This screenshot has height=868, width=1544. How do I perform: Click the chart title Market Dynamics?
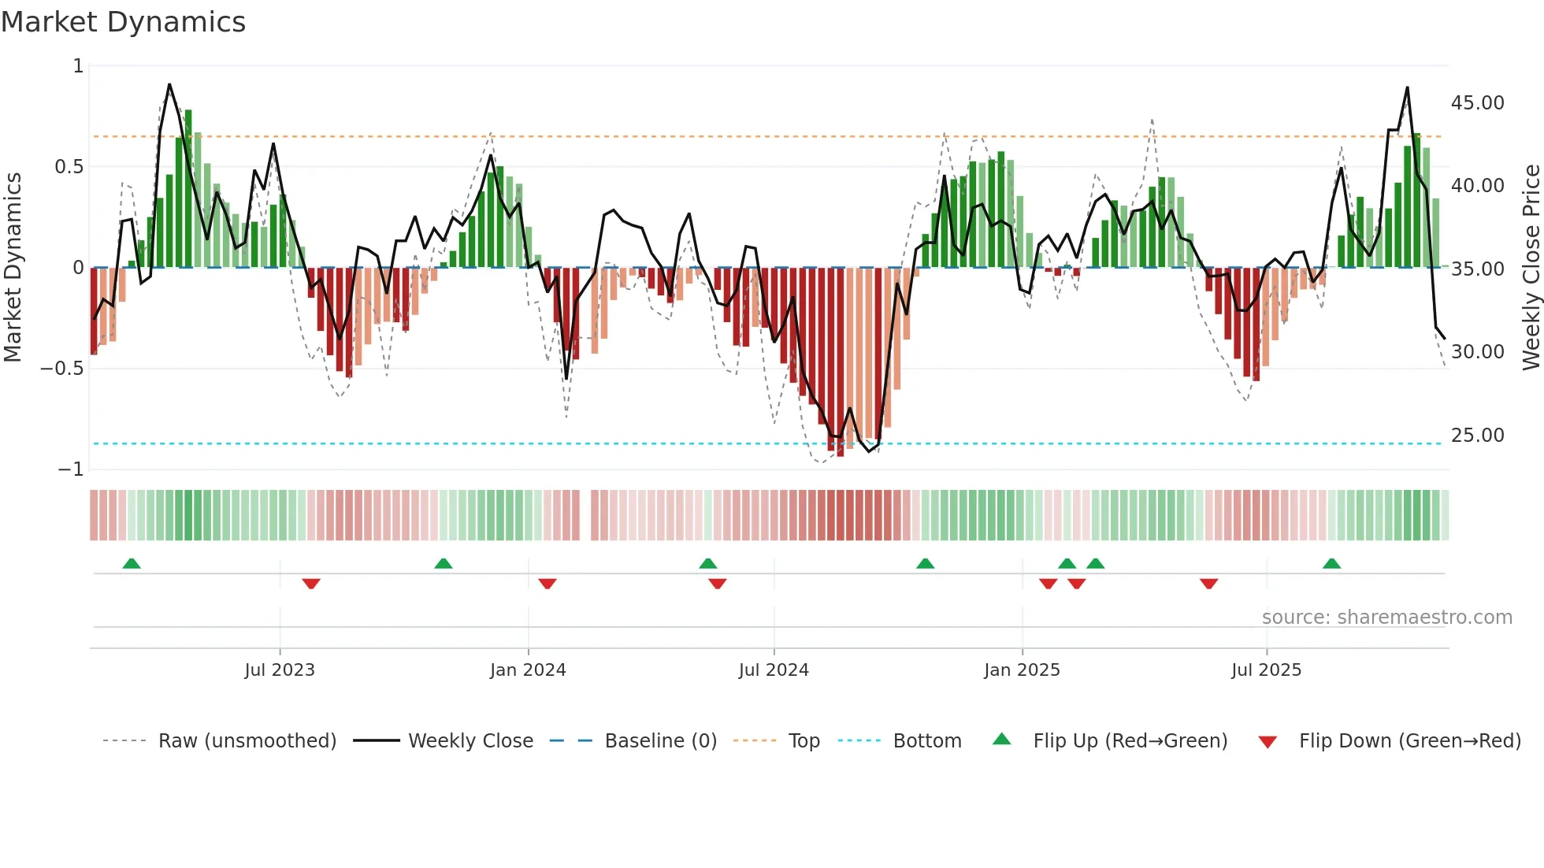click(123, 22)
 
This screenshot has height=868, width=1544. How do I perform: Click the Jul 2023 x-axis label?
click(279, 670)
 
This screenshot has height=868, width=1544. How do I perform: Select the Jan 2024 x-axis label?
click(527, 670)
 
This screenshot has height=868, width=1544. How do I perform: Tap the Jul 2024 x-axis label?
click(773, 670)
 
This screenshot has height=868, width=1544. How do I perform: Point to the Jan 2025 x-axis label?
click(1022, 670)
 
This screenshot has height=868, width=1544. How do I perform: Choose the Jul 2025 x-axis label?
click(1266, 670)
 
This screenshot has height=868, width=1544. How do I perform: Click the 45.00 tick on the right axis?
click(1477, 103)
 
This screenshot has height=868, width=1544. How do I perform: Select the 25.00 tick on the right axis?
click(1477, 436)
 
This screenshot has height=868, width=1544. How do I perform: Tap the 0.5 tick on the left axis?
click(69, 167)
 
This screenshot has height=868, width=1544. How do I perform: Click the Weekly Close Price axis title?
click(1531, 267)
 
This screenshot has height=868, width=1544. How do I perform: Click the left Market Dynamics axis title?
click(13, 267)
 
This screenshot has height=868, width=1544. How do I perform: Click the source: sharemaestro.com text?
click(1386, 618)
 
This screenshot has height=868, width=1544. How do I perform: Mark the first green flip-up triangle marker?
click(132, 563)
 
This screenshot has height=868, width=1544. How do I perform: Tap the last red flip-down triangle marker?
click(1208, 584)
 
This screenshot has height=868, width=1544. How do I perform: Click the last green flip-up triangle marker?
click(1331, 563)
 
